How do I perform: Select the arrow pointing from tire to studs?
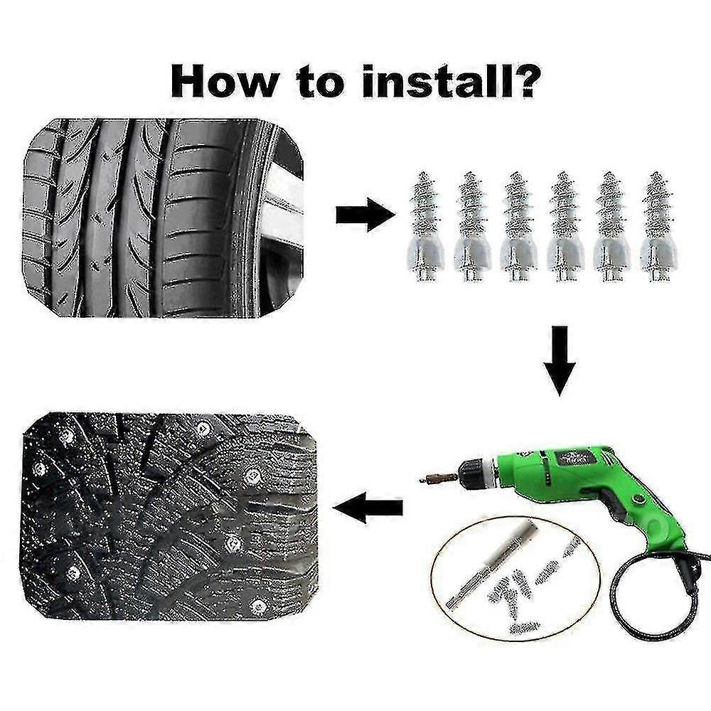point(363,215)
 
